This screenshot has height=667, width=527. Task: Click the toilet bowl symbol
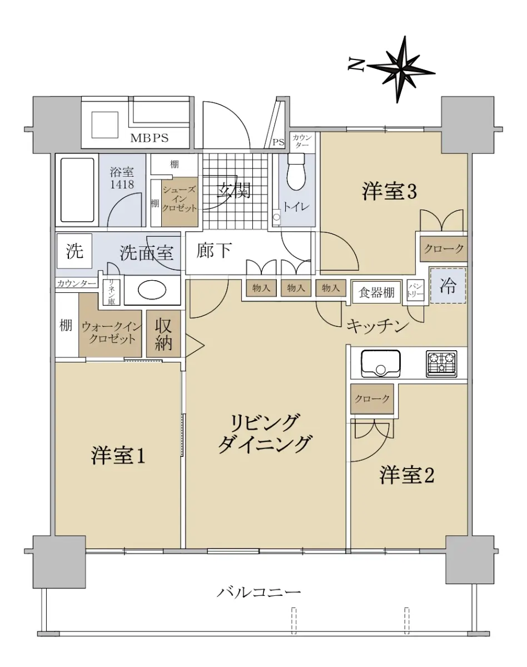[296, 171]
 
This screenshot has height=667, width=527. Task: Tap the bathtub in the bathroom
[77, 190]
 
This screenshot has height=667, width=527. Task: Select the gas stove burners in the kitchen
[441, 364]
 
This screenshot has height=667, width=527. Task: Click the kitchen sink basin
[381, 364]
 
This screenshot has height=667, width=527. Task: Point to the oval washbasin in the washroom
[152, 290]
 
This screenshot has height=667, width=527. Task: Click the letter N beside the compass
[356, 64]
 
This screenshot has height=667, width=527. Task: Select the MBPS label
[149, 138]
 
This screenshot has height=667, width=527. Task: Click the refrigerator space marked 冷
[448, 286]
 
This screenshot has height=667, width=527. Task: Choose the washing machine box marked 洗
[74, 251]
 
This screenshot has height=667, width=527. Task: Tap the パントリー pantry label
[415, 290]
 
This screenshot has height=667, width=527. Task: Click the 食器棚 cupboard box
[376, 292]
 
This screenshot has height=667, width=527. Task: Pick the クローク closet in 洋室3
[444, 249]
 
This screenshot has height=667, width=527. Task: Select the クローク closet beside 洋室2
[372, 399]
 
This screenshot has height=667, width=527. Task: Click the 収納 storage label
[163, 334]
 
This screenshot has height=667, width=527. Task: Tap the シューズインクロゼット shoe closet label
[179, 198]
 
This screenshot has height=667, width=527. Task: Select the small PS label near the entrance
[278, 142]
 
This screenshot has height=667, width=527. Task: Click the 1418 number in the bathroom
[122, 185]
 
